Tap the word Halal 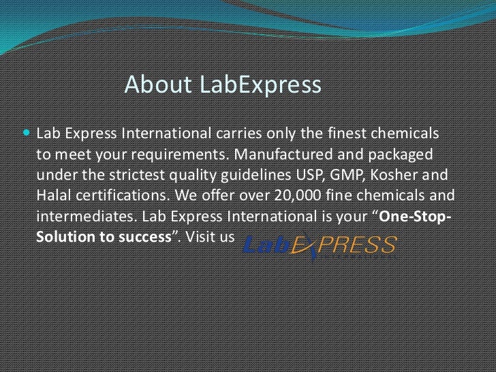[52, 196]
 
